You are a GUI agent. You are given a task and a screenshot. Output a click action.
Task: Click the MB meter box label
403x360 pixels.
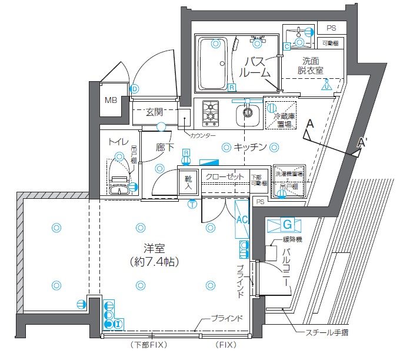[111, 100]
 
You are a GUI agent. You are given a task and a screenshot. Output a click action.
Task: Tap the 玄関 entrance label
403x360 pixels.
[155, 112]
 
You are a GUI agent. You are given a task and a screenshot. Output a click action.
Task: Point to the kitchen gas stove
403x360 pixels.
[210, 113]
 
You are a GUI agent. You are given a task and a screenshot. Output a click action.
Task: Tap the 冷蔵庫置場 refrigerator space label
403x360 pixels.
[284, 121]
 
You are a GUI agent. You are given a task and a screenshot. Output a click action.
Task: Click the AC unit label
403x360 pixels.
[241, 217]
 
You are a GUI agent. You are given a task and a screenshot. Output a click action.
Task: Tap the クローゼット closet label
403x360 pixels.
[224, 177]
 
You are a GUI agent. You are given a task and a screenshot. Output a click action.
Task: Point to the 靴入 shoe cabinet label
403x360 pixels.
[188, 181]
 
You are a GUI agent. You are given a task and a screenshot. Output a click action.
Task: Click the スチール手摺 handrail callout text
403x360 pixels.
[327, 333]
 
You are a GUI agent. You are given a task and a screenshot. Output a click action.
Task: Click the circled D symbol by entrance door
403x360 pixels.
[135, 89]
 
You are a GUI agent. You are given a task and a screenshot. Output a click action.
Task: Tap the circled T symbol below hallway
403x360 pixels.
[192, 204]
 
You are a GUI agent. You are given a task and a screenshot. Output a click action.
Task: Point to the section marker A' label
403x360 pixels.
[362, 143]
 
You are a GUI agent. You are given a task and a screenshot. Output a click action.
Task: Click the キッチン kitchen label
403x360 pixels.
[250, 147]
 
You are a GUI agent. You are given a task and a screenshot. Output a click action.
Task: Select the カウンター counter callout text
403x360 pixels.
[202, 136]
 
